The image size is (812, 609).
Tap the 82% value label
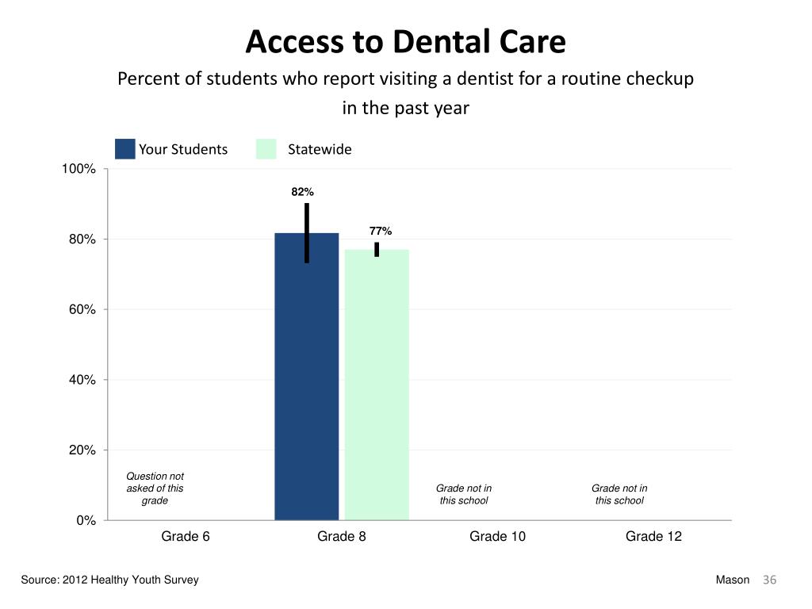(x=302, y=192)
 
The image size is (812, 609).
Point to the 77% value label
(x=380, y=231)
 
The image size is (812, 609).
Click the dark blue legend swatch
(x=124, y=149)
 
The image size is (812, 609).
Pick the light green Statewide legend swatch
(x=266, y=149)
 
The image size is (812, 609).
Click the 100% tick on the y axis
(x=79, y=169)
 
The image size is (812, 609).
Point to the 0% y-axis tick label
(x=86, y=520)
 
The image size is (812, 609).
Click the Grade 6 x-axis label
(x=186, y=537)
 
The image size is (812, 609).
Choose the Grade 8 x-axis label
(x=342, y=537)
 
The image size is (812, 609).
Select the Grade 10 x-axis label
(x=497, y=537)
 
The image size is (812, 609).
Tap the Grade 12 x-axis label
(x=653, y=537)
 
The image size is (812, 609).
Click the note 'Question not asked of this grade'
(x=155, y=488)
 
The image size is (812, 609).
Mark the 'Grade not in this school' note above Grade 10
(x=464, y=494)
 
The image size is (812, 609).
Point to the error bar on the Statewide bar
(x=377, y=249)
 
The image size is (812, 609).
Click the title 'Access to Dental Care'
(x=405, y=42)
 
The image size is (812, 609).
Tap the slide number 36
(x=769, y=580)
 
